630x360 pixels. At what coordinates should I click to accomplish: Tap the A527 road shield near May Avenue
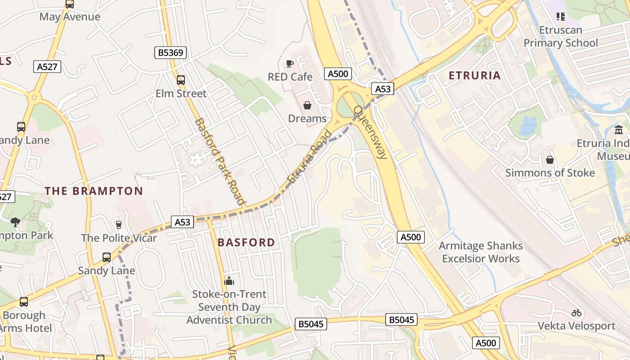(47, 67)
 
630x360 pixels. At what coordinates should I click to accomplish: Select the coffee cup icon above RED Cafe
(290, 64)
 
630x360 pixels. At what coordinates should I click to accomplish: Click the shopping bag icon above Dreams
(307, 106)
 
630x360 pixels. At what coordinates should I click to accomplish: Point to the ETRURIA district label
(475, 76)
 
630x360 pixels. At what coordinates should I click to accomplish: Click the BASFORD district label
(246, 243)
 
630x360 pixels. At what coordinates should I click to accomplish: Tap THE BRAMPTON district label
(94, 191)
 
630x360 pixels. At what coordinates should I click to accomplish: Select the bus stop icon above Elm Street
(181, 80)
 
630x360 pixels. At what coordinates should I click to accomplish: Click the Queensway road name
(370, 132)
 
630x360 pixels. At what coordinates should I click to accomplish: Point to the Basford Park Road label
(220, 161)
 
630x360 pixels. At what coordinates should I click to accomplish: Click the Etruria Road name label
(310, 157)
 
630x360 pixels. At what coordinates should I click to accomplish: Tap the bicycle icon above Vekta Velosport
(576, 313)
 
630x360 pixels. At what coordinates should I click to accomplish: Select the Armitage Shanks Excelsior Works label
(481, 252)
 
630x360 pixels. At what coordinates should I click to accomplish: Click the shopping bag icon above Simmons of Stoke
(549, 160)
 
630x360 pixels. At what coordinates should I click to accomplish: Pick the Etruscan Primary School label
(561, 36)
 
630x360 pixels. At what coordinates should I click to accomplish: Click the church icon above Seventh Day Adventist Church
(229, 281)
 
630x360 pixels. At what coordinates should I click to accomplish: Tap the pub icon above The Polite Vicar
(119, 225)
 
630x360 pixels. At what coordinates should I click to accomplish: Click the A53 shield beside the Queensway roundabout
(382, 89)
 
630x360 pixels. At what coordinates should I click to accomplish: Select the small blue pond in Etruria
(527, 126)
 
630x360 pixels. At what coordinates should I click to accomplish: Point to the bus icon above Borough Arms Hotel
(24, 302)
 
